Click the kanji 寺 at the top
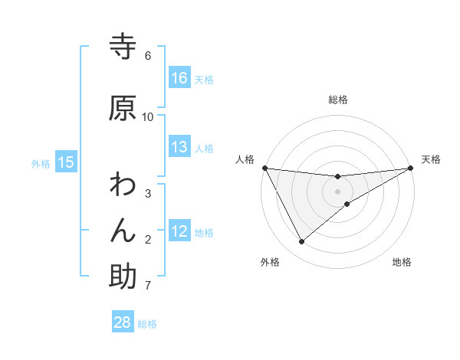point(123,47)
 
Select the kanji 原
point(123,107)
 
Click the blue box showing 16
point(179,77)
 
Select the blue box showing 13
point(179,147)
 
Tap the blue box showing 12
point(179,231)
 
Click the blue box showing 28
point(123,322)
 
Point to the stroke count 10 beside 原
point(148,116)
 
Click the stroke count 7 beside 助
point(148,286)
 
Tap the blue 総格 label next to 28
point(147,324)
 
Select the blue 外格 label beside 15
point(41,163)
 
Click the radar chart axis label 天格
point(431,159)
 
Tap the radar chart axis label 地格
point(402,262)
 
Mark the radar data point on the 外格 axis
point(301,242)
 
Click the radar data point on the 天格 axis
point(410,169)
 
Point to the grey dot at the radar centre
point(337,191)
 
